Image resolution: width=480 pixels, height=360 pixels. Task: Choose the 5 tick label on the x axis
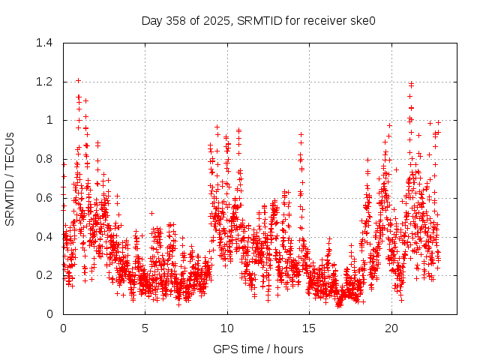tap(145, 328)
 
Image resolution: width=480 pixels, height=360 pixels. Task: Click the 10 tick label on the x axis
tap(227, 328)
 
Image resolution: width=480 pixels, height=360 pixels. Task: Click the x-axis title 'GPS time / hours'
tap(258, 349)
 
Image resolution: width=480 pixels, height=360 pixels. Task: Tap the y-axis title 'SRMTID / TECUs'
tap(10, 178)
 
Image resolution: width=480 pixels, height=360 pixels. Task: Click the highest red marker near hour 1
tap(78, 80)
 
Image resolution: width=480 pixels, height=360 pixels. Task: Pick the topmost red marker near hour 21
tap(411, 83)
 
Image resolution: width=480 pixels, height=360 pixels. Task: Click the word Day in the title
tap(152, 20)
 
